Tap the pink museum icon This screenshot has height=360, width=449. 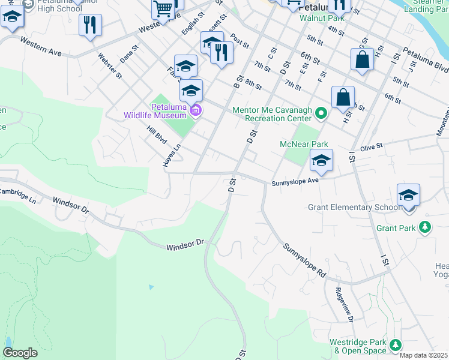point(195,110)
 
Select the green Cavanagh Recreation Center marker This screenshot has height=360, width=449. point(321,112)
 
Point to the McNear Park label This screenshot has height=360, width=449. point(304,144)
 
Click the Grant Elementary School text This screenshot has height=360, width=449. point(353,207)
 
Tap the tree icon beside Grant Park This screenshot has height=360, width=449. point(425,227)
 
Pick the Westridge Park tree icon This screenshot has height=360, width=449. point(395,344)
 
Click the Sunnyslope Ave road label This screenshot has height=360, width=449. point(295,181)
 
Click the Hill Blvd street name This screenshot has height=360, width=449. point(157,135)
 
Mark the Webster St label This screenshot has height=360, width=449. point(110,66)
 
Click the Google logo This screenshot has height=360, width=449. point(20,352)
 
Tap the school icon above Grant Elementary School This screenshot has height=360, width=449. point(408,196)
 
